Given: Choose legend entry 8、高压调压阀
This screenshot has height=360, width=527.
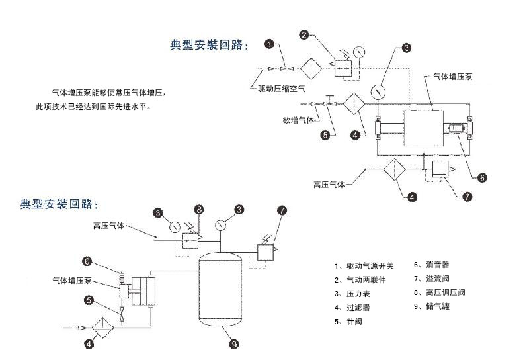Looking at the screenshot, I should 440,292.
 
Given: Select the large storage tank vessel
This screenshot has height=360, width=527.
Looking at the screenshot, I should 222,292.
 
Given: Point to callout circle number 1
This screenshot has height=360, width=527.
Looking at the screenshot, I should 270,44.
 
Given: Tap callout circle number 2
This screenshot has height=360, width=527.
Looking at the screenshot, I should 304,35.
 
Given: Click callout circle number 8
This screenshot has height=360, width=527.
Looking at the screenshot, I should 198,210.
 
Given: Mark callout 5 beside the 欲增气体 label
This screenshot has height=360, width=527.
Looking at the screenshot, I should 325,135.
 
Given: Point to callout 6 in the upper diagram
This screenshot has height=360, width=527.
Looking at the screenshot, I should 481,177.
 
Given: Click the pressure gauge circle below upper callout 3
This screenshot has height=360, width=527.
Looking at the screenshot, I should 379,89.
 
